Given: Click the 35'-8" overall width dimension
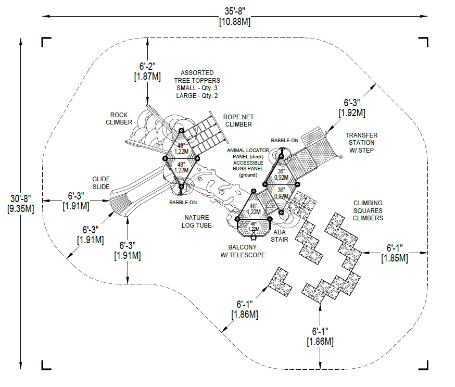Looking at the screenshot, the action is coord(235,16).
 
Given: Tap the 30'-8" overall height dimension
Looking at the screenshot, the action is coord(21,204).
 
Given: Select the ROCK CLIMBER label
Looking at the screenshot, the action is coord(119,119).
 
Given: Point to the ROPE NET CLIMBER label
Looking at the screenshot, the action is coord(238,121).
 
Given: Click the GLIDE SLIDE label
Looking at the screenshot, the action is coord(101,183).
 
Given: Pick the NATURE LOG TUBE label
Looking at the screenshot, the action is coord(197,221).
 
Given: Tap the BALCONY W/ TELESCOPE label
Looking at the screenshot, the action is coord(243,251).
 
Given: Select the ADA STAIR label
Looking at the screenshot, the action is coord(280,236).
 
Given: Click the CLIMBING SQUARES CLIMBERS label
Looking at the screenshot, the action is coord(368,210).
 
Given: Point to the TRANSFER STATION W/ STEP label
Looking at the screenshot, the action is coord(361,143).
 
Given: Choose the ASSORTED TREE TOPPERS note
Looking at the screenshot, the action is coord(197,84).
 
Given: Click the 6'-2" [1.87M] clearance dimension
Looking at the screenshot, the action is coord(147,71).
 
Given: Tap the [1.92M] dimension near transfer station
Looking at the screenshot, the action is coord(352,113).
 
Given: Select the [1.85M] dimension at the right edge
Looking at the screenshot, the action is coord(395,258).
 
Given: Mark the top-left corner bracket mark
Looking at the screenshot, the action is coord(46,42).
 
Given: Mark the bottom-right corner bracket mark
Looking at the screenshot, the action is coord(423,365).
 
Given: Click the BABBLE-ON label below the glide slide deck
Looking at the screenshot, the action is coord(183,203).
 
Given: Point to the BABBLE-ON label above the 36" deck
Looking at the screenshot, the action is coord(285,141).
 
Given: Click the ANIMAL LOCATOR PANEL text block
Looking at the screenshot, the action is coord(248,163).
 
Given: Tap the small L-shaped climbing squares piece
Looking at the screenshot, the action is coord(280,282).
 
